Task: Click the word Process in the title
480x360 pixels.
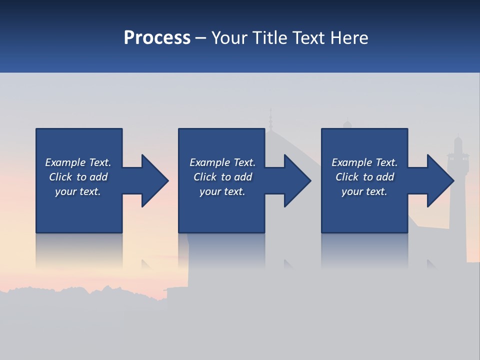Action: click(x=157, y=38)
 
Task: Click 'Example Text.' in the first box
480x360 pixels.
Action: click(x=78, y=162)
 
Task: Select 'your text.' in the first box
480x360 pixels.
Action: click(x=78, y=191)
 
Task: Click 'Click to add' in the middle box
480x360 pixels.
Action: click(x=222, y=177)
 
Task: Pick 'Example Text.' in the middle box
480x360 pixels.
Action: click(x=222, y=162)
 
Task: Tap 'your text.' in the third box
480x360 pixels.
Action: click(x=364, y=191)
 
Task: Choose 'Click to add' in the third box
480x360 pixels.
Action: click(x=364, y=177)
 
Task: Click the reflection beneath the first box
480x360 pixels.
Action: click(x=79, y=250)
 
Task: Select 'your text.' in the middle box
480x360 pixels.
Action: click(x=222, y=191)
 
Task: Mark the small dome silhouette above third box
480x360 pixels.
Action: click(x=347, y=124)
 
